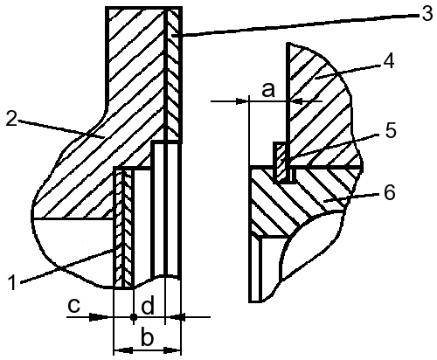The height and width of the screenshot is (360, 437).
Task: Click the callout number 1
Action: (12, 282)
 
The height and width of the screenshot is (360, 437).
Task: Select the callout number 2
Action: (11, 119)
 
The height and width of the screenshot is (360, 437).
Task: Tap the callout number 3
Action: (427, 14)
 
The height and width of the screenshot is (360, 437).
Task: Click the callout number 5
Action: (391, 130)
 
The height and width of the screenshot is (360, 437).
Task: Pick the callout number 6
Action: (390, 192)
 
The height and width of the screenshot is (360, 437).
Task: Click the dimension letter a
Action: (268, 90)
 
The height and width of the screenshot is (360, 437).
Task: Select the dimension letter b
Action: (147, 337)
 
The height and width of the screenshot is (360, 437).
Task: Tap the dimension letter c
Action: (74, 306)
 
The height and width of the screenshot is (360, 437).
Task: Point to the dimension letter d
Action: (148, 306)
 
